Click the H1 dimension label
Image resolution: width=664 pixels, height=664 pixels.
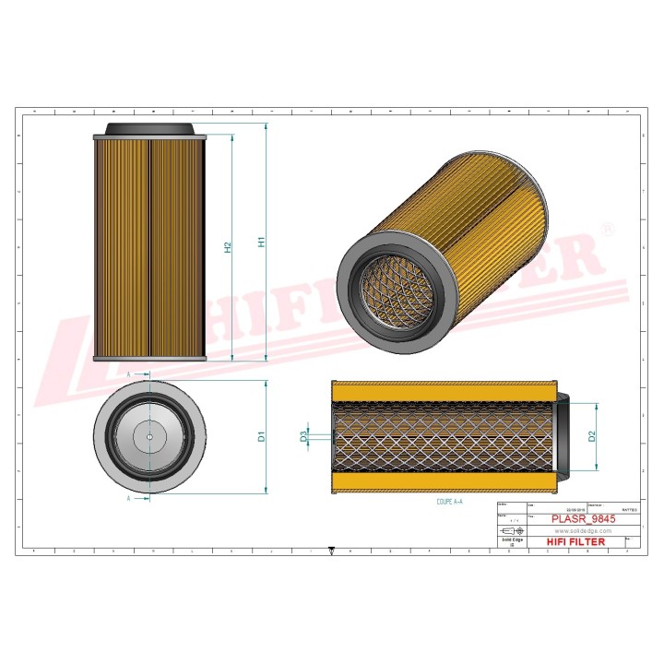pos(263,242)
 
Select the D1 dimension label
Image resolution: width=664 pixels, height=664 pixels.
pos(263,435)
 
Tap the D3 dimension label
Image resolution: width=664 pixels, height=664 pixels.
pos(304,436)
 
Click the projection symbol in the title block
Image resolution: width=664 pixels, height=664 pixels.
pos(510,532)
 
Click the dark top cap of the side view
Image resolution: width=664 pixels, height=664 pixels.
pos(149,129)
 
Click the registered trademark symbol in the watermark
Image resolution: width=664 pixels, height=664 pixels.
pos(606,227)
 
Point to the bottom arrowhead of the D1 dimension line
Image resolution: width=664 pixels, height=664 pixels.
pos(267,491)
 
